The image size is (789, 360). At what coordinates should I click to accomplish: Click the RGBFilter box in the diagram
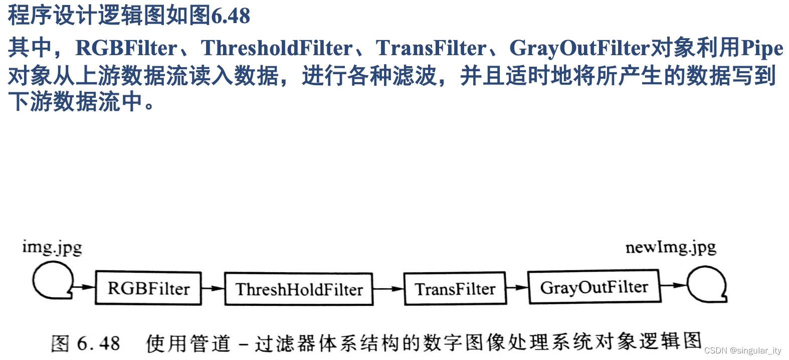[148, 288]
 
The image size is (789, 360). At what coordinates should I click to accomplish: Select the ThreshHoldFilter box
[299, 289]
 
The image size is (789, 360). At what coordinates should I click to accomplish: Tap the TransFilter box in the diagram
[455, 288]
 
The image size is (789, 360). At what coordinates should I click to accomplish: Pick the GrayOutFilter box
[594, 287]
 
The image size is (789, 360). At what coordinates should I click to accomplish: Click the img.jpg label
[52, 247]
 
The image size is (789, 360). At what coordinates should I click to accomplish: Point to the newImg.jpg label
[670, 247]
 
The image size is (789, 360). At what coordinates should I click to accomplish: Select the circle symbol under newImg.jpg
[706, 284]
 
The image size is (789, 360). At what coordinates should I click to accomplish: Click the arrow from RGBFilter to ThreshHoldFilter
[213, 288]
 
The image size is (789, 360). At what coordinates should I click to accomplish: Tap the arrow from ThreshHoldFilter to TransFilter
[388, 288]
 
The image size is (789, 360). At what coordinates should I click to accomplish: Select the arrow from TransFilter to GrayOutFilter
[517, 288]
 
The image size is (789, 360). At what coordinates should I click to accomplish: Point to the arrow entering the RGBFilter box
[84, 287]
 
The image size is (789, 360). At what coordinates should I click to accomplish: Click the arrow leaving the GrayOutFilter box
[674, 285]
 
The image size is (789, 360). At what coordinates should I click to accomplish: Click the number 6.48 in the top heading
[231, 16]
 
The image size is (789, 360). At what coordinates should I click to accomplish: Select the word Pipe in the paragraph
[761, 48]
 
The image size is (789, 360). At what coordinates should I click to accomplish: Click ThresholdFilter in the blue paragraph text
[277, 48]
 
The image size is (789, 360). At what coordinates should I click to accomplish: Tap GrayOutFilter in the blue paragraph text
[579, 48]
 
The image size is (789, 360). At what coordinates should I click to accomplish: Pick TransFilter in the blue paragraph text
[431, 48]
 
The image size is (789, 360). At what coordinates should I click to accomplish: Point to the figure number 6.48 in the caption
[98, 343]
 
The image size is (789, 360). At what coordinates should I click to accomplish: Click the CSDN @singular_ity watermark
[742, 350]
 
